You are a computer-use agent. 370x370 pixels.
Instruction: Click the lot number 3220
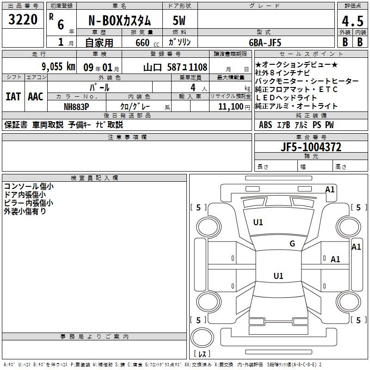[23, 19]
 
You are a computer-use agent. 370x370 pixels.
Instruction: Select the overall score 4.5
[352, 21]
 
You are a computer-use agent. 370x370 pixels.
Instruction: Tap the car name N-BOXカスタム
[119, 21]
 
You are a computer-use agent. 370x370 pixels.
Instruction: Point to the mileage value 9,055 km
[59, 67]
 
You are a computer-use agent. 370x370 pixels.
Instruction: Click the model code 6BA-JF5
[265, 43]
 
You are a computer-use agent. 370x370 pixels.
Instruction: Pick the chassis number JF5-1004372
[311, 147]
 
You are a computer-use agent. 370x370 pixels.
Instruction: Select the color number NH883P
[76, 107]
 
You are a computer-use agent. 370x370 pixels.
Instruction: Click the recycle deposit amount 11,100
[230, 107]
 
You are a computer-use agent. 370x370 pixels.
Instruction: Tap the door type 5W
[179, 20]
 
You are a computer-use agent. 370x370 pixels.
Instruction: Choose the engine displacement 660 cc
[147, 43]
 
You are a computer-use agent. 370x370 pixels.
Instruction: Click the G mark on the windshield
[292, 244]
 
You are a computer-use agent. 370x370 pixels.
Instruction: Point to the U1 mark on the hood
[258, 222]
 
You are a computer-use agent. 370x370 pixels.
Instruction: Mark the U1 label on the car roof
[278, 276]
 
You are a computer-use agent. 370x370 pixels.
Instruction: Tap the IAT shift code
[13, 97]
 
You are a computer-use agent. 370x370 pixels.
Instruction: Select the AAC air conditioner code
[36, 97]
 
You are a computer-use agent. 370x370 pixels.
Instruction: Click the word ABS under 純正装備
[265, 125]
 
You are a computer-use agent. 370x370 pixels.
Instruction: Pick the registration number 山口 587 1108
[175, 67]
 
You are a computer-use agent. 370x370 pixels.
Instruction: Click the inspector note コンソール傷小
[29, 186]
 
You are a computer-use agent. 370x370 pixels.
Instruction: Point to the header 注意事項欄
[127, 137]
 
